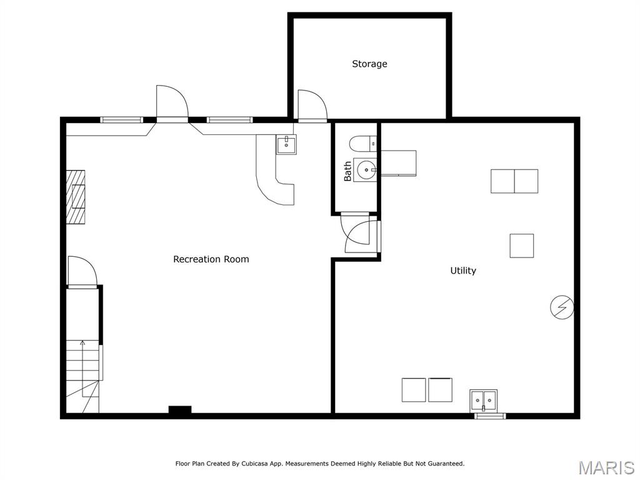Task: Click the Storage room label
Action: [369, 64]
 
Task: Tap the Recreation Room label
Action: [211, 259]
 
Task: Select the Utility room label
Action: [463, 271]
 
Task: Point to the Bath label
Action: [347, 171]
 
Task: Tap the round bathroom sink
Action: [365, 169]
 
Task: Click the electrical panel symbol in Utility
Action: [562, 307]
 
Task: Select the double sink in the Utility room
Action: [484, 398]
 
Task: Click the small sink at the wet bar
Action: [286, 145]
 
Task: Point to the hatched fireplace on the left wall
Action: [76, 196]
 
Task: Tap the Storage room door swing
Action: [311, 104]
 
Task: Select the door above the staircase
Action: [82, 271]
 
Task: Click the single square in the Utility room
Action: [521, 246]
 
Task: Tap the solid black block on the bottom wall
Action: [180, 411]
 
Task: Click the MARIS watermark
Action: [606, 467]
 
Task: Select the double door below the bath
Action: [361, 234]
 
